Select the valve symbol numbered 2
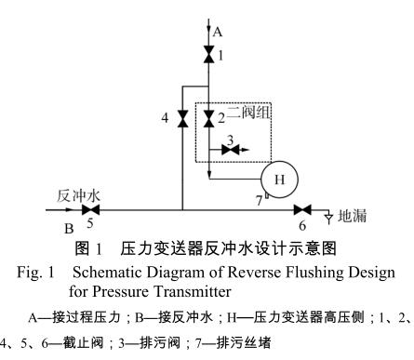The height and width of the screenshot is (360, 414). (x=208, y=114)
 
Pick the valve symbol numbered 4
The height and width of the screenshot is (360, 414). (x=182, y=118)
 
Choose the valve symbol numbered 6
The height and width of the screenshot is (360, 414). (x=300, y=211)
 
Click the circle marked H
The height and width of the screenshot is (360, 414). (x=276, y=178)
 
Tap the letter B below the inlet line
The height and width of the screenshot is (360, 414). (x=67, y=226)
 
